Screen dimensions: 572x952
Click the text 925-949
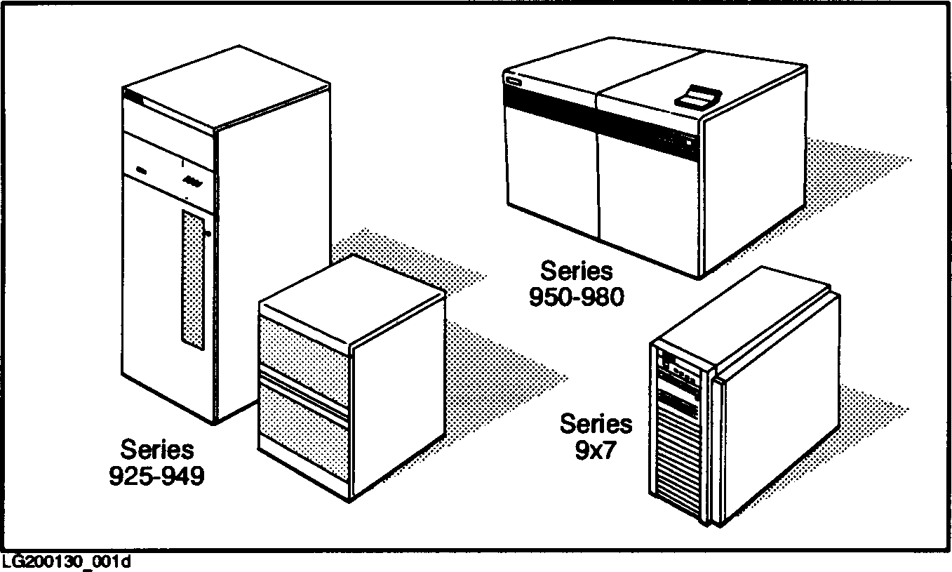point(157,476)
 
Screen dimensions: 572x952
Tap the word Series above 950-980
point(576,271)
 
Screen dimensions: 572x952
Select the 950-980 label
point(576,297)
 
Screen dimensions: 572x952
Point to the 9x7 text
point(595,450)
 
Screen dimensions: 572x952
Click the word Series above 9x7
point(596,424)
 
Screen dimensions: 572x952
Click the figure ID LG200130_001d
point(67,562)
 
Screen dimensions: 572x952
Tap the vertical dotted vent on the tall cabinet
point(192,279)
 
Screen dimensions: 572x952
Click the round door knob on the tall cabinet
point(208,234)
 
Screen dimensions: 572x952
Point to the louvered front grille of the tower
point(678,456)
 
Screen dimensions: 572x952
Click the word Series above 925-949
point(156,449)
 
